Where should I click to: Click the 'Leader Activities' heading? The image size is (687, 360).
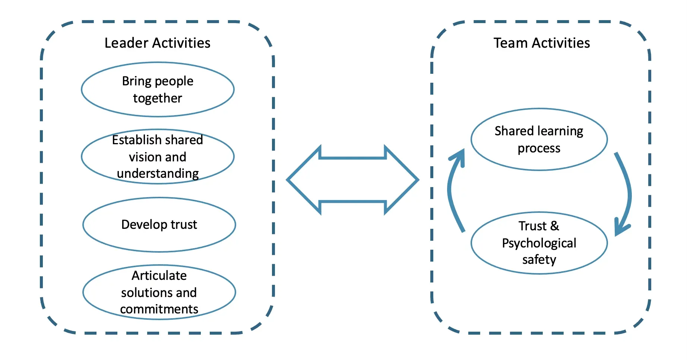point(157,43)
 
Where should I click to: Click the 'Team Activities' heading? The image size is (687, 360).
point(542,43)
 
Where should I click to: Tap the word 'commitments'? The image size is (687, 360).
point(159,309)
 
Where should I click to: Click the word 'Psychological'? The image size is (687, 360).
point(539,243)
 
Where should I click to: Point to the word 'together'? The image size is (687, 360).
point(158,98)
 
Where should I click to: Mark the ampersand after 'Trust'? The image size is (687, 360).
point(555,226)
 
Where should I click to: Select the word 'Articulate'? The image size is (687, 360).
point(159,275)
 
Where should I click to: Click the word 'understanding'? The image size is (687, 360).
point(158,174)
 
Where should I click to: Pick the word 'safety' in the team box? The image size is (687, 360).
point(539,259)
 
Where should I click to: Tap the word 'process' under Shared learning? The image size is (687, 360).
point(539,148)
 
